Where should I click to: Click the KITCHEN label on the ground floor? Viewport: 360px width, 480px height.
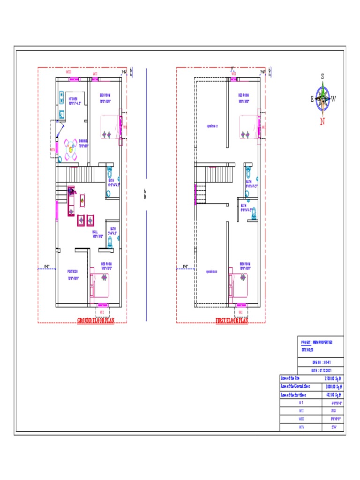[73, 99]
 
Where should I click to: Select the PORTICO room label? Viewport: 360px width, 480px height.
[72, 271]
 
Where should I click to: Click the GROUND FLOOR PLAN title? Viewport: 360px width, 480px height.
[96, 321]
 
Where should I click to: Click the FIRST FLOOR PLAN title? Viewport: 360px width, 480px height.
[232, 321]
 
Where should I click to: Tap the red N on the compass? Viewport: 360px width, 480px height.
[322, 121]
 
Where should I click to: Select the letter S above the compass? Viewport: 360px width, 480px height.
[322, 76]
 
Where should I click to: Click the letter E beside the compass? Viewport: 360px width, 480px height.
[312, 98]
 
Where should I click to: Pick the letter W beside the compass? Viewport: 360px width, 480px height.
[334, 98]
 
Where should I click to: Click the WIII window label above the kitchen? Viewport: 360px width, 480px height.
[68, 72]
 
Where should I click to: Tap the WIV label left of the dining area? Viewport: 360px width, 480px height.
[52, 150]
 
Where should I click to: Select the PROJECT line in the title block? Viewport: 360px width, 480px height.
[317, 343]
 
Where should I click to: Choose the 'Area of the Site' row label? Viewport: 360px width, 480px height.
[289, 378]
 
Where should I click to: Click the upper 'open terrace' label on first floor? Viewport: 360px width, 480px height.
[212, 126]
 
